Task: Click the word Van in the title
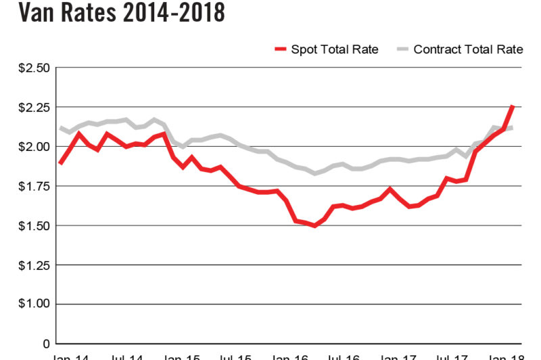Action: [x=24, y=13]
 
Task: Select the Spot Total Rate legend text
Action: [x=334, y=49]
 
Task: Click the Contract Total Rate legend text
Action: [x=468, y=49]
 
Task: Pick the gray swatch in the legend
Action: [x=402, y=49]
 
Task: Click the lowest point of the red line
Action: [x=314, y=225]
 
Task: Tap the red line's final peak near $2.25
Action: [x=513, y=107]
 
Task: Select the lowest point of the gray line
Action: [x=314, y=173]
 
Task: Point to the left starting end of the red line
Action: [x=61, y=163]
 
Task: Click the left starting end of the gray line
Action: [x=61, y=127]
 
